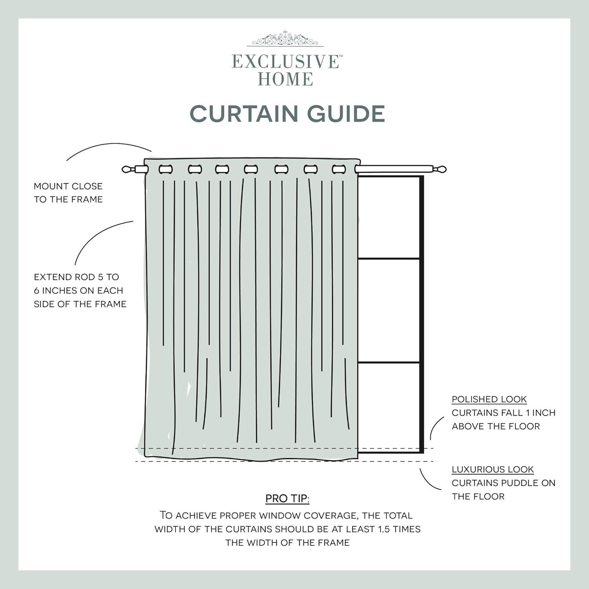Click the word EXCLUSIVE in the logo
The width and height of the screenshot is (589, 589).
pos(285,62)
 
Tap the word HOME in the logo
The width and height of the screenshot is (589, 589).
pos(285,79)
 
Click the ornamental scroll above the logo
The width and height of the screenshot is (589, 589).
pos(285,40)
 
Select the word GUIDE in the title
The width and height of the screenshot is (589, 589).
pos(346,114)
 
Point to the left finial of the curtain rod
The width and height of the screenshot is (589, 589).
pos(128,170)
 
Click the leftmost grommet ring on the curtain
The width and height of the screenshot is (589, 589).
pos(165,169)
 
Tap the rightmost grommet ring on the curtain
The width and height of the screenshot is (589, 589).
pos(338,169)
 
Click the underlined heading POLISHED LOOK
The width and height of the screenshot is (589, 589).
pos(489,399)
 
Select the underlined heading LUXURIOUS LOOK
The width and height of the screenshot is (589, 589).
pos(492,470)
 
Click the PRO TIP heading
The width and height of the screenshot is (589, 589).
pos(287,499)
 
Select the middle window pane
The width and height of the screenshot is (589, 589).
pos(388,310)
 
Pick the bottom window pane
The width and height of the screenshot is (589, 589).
pos(388,406)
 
